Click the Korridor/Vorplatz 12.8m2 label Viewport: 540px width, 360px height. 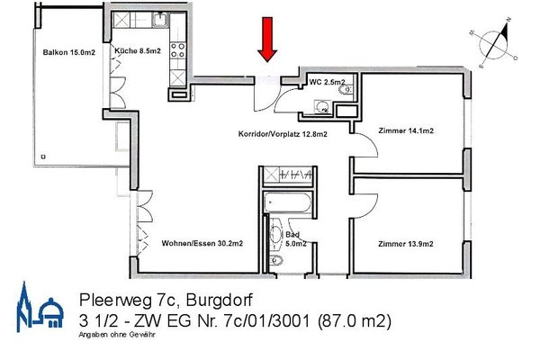[x=282, y=134]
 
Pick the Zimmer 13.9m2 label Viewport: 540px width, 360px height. [x=406, y=244]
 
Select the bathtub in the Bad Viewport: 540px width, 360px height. [x=286, y=202]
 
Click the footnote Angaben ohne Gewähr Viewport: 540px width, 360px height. [x=117, y=334]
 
